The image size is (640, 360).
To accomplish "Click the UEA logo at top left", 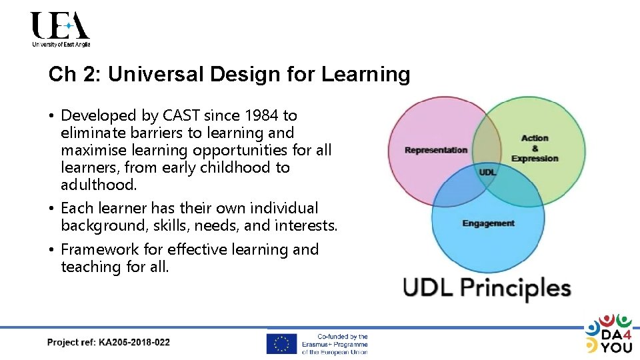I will pyautogui.click(x=60, y=29).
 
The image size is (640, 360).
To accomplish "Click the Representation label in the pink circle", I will pyautogui.click(x=436, y=150).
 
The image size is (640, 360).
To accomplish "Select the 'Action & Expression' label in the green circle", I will pyautogui.click(x=535, y=149).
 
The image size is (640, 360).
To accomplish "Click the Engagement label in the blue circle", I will pyautogui.click(x=488, y=223).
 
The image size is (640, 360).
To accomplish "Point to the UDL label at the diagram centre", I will pyautogui.click(x=487, y=172).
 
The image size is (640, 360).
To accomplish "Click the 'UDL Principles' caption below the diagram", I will pyautogui.click(x=487, y=288).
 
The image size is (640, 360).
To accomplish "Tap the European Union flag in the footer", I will pyautogui.click(x=281, y=344).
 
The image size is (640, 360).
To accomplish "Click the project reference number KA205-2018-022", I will pyautogui.click(x=134, y=343).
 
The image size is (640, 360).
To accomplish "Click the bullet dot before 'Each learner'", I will pyautogui.click(x=51, y=209).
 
